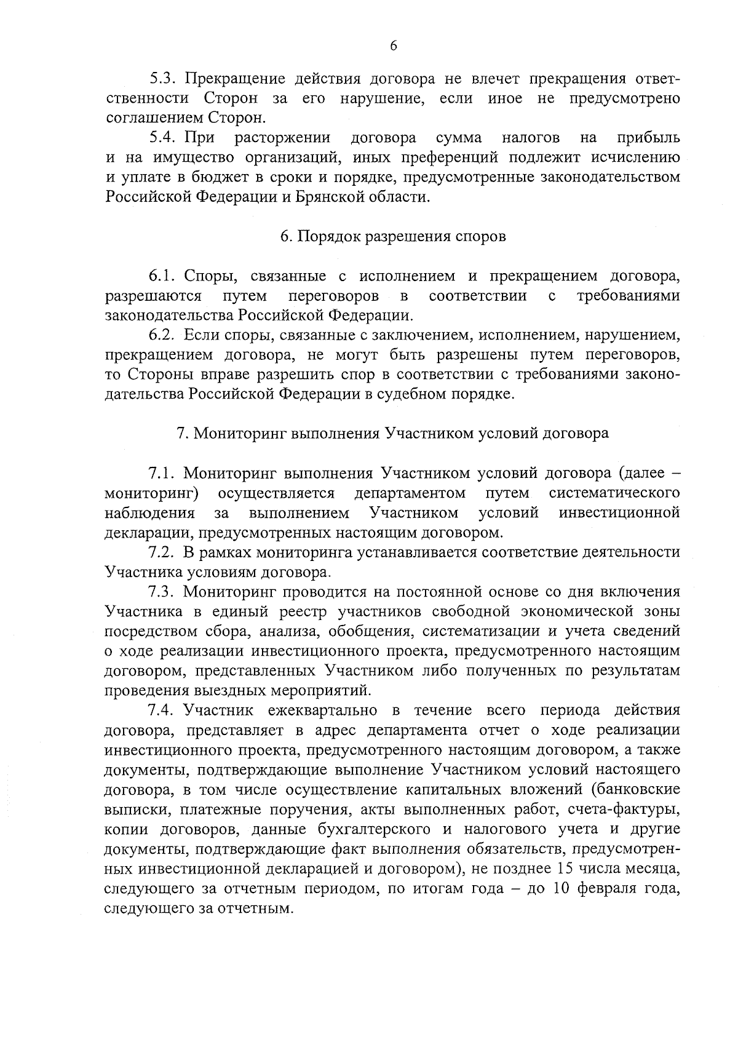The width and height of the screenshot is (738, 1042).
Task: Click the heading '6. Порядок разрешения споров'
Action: pos(393,237)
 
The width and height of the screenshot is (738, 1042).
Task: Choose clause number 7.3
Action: pos(162,592)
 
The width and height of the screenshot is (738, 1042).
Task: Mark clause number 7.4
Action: pos(162,710)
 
